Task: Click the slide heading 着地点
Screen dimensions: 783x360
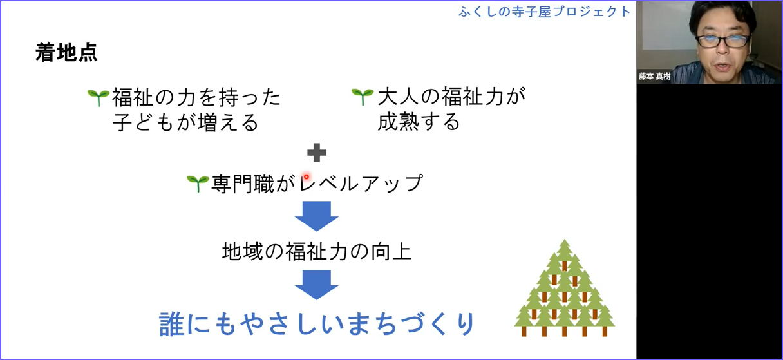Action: pos(66,53)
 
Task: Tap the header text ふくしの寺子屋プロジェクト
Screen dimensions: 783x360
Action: pos(545,12)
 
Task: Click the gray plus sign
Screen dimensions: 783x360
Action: pos(317,153)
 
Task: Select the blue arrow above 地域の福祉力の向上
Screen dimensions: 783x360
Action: pos(317,216)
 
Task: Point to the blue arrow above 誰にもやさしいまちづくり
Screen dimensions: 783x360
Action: pos(317,285)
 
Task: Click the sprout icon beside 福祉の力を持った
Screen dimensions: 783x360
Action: pos(99,97)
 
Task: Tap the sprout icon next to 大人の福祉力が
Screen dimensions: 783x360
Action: pos(363,97)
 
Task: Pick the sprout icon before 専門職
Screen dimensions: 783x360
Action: pos(198,184)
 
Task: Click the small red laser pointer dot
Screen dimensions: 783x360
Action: pos(307,177)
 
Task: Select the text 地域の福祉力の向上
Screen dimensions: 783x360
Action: pos(317,252)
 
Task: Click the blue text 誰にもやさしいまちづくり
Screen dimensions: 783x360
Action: pos(317,324)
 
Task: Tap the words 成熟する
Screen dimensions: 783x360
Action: pos(419,122)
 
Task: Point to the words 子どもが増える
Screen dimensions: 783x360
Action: pos(185,122)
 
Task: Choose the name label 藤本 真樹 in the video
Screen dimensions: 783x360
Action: pos(654,76)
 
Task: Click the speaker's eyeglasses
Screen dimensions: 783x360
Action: pos(723,41)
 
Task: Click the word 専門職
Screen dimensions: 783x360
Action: pos(243,184)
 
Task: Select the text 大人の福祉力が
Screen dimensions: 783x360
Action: pos(451,97)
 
